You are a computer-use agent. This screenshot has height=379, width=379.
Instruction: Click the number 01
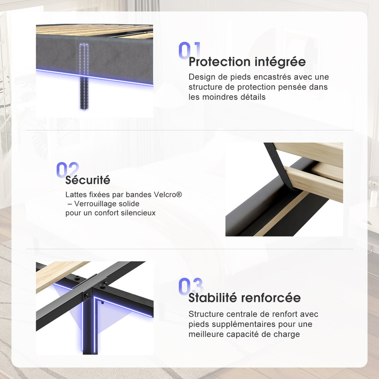(x=189, y=50)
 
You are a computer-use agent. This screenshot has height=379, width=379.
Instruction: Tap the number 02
(x=67, y=170)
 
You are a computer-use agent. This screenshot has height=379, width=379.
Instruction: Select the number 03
(x=190, y=286)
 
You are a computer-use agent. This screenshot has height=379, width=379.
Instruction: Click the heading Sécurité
(x=88, y=180)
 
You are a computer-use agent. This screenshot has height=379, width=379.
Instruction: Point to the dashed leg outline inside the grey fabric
(x=84, y=60)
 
